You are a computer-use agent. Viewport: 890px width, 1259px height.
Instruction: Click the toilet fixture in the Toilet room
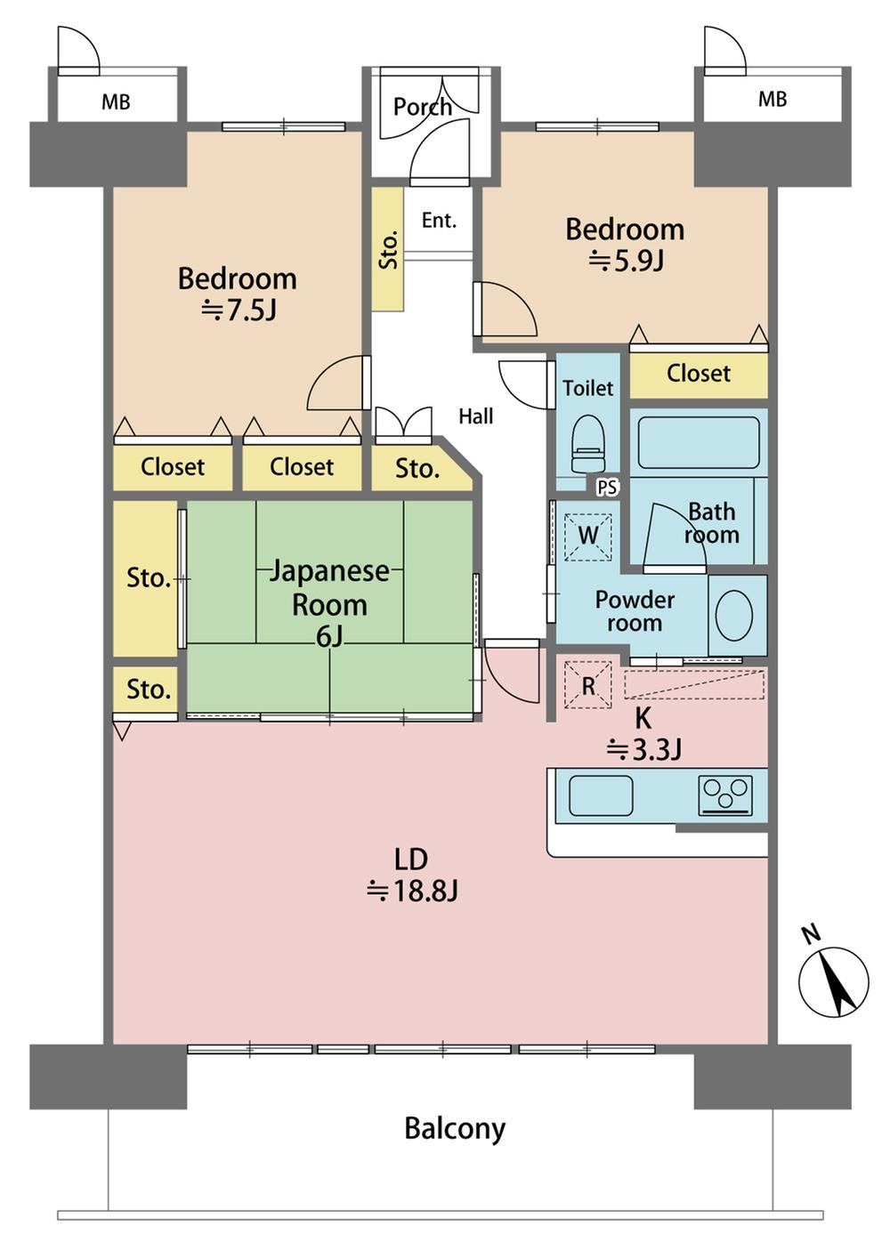click(x=587, y=444)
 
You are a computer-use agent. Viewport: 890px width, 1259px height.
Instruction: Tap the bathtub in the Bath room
click(x=699, y=442)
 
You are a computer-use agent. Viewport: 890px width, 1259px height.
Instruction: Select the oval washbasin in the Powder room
click(x=733, y=616)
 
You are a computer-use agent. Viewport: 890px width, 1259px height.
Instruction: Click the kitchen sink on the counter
click(x=601, y=795)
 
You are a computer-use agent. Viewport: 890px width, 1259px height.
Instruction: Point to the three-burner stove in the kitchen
click(x=725, y=795)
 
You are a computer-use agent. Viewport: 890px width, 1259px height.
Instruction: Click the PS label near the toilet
click(x=607, y=488)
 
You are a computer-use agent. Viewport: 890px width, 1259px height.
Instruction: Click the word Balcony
click(x=455, y=1128)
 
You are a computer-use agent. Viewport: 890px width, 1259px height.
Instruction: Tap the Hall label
click(x=475, y=416)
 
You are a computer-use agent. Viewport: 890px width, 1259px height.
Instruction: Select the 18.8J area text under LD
click(x=412, y=892)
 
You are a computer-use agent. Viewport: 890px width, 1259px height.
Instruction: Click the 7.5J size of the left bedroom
click(x=239, y=310)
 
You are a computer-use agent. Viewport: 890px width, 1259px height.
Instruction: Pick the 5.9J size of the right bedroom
click(x=627, y=260)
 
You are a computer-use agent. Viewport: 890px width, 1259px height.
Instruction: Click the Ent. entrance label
click(x=439, y=221)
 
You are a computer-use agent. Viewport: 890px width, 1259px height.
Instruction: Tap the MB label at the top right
click(x=773, y=100)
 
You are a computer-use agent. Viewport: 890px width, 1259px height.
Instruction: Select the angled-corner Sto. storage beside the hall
click(x=422, y=468)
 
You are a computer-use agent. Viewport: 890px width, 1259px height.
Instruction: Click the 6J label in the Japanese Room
click(x=329, y=636)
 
